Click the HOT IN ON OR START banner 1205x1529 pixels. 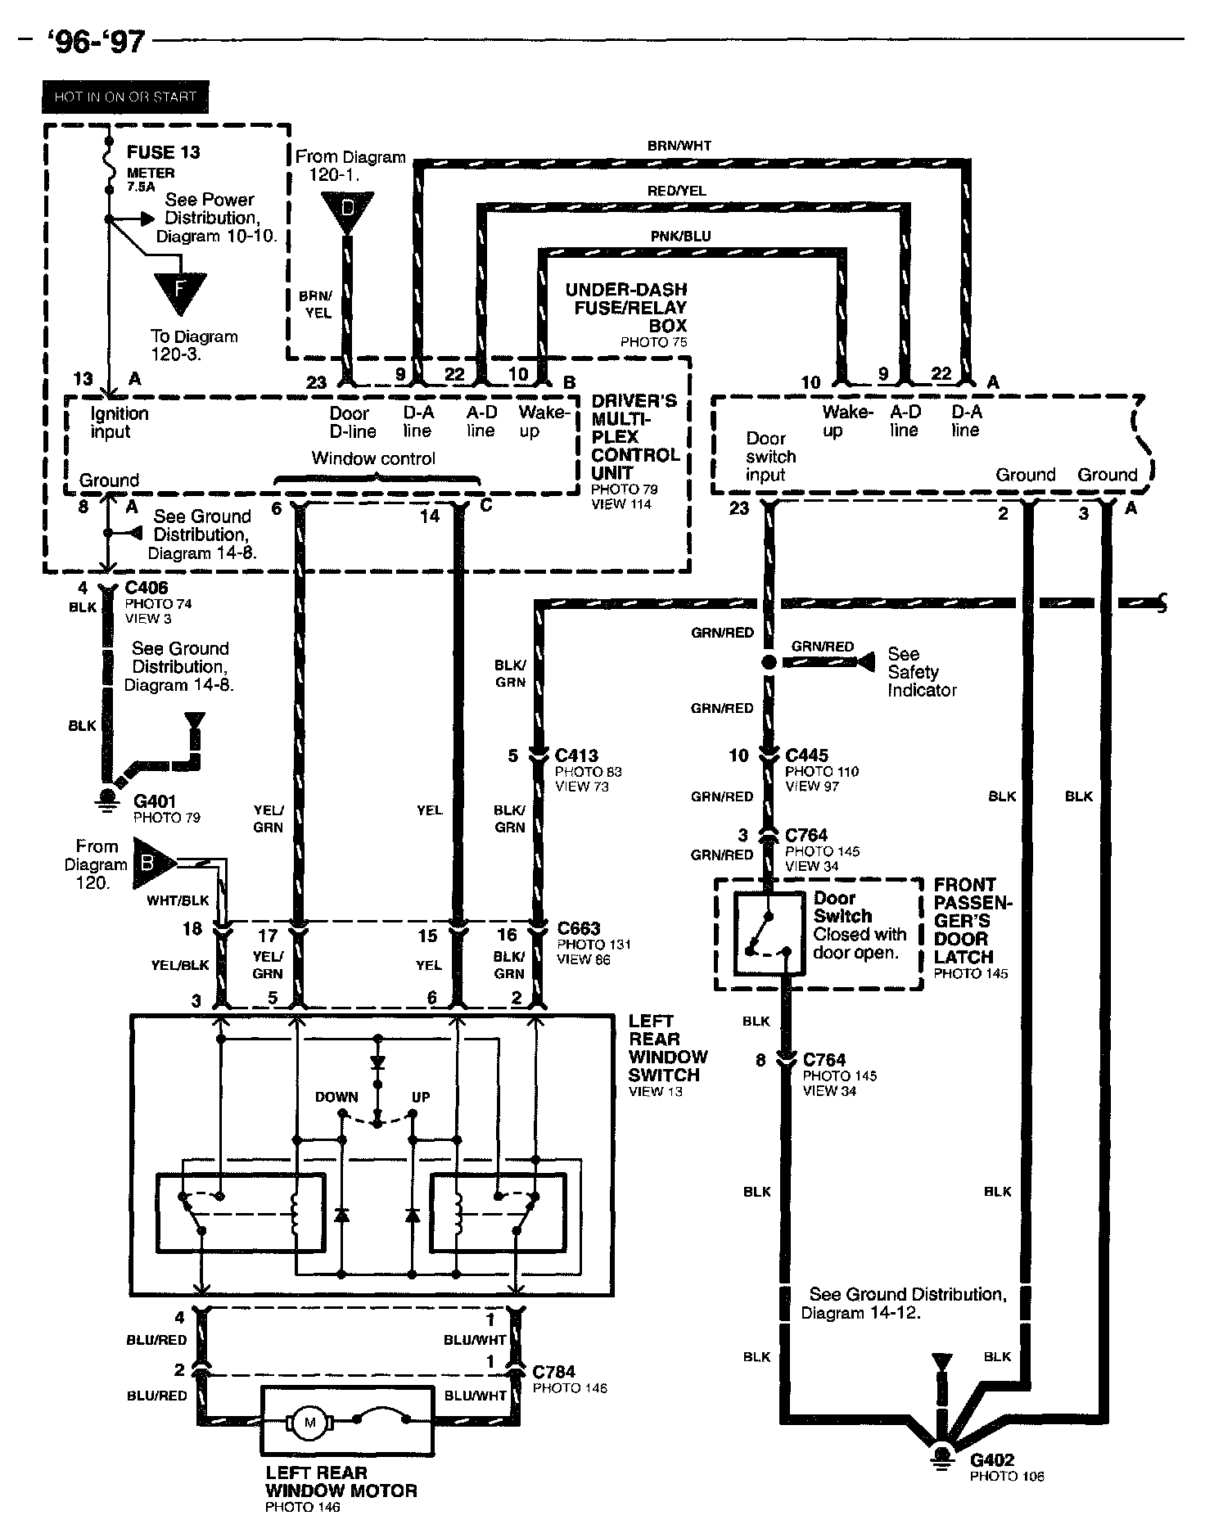(x=125, y=97)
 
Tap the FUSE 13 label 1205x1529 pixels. (x=163, y=152)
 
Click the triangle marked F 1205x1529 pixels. (x=180, y=291)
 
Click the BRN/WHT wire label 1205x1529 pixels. (x=679, y=146)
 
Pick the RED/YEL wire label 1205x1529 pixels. (x=676, y=191)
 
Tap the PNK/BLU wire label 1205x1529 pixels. (x=680, y=236)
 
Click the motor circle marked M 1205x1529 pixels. (x=310, y=1423)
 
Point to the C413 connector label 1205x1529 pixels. (x=576, y=755)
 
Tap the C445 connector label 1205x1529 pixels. (x=806, y=755)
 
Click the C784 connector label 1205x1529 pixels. (x=553, y=1372)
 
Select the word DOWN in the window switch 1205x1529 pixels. (x=336, y=1097)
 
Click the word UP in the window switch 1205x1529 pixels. (x=421, y=1097)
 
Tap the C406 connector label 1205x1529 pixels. (x=147, y=588)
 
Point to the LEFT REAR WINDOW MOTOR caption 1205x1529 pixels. (x=341, y=1482)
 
